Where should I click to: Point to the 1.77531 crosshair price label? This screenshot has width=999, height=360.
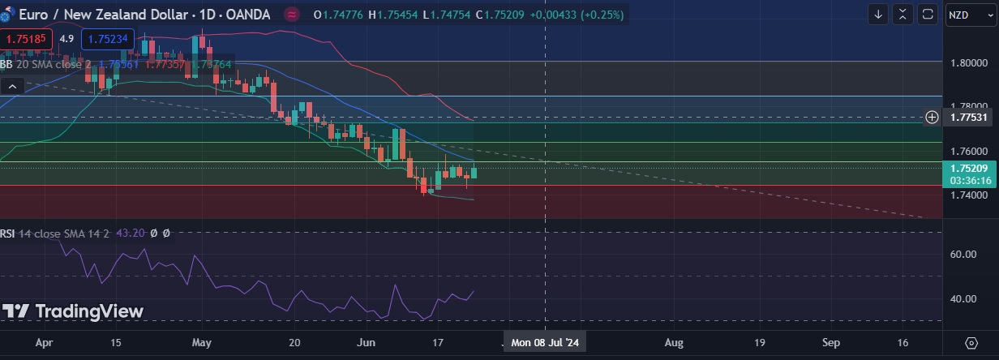pyautogui.click(x=970, y=118)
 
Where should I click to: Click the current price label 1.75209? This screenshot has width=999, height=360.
pyautogui.click(x=970, y=169)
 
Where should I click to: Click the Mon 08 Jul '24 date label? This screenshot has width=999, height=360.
pyautogui.click(x=544, y=342)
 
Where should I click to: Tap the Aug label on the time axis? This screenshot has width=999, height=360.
pyautogui.click(x=674, y=342)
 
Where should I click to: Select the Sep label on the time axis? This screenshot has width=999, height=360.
pyautogui.click(x=830, y=342)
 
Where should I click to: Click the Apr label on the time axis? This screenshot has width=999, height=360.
pyautogui.click(x=44, y=342)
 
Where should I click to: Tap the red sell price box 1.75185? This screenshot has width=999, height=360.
pyautogui.click(x=27, y=39)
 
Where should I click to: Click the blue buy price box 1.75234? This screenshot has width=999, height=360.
pyautogui.click(x=108, y=39)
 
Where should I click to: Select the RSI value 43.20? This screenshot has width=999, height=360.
pyautogui.click(x=131, y=233)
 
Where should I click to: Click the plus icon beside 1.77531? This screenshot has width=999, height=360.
pyautogui.click(x=933, y=118)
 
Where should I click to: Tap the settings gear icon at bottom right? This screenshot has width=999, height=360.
pyautogui.click(x=971, y=342)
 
